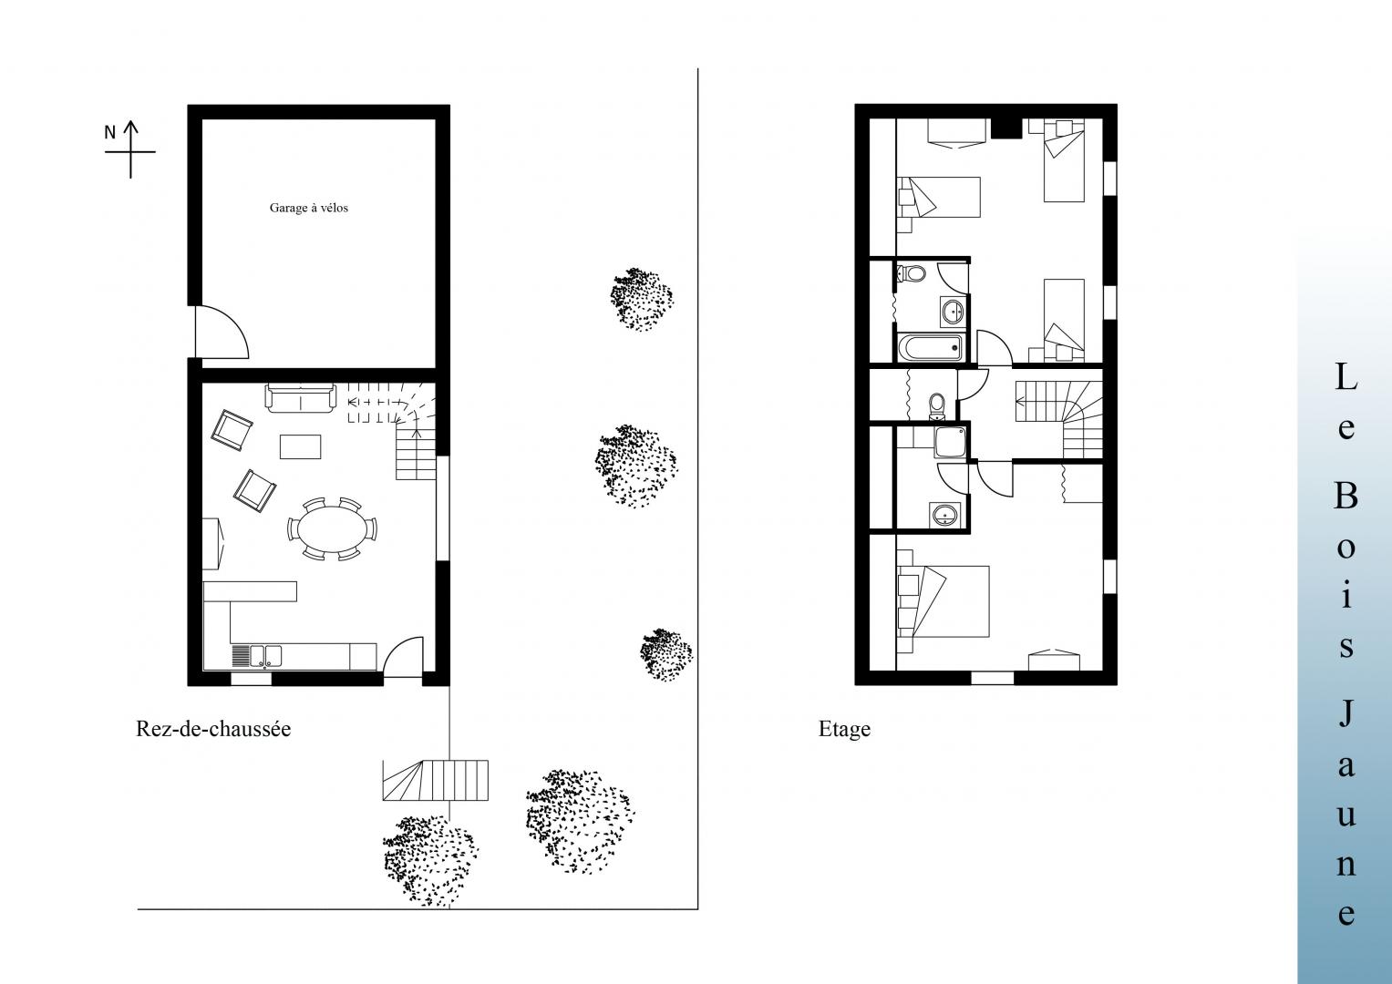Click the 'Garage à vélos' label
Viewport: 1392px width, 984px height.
click(x=308, y=208)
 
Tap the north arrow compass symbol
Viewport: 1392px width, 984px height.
click(x=130, y=149)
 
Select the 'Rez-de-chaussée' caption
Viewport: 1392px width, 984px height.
click(x=213, y=729)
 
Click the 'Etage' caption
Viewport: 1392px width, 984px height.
click(x=844, y=729)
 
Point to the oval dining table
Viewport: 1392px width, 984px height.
click(x=333, y=528)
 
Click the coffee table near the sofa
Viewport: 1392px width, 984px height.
click(x=300, y=446)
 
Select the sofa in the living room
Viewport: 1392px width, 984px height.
click(x=301, y=397)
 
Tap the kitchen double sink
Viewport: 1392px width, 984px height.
click(x=265, y=656)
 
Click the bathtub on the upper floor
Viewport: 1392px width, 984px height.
click(x=930, y=347)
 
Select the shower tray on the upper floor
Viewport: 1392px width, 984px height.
click(x=951, y=442)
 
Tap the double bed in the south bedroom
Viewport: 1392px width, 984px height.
click(x=943, y=600)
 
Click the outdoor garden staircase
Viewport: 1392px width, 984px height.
click(x=435, y=780)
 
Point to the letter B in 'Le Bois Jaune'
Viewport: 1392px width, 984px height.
click(x=1346, y=496)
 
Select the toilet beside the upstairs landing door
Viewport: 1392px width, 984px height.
click(x=936, y=405)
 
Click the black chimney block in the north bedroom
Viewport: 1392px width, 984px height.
click(x=1006, y=128)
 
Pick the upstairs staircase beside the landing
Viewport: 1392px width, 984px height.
click(x=1059, y=419)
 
